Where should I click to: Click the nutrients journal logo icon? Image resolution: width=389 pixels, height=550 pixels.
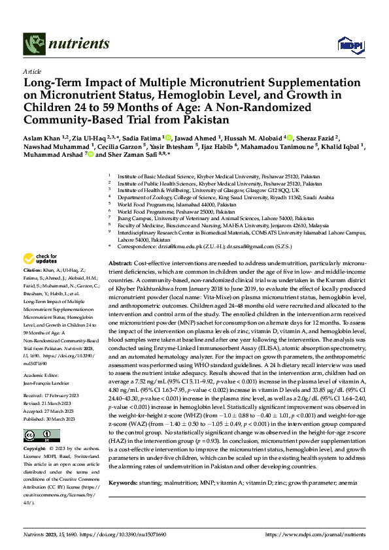(x=33, y=44)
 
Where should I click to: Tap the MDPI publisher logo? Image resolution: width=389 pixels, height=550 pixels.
(x=350, y=44)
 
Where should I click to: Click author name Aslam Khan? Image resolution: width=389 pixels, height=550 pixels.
(x=41, y=138)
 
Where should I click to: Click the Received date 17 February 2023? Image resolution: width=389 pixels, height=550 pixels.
(x=60, y=395)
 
